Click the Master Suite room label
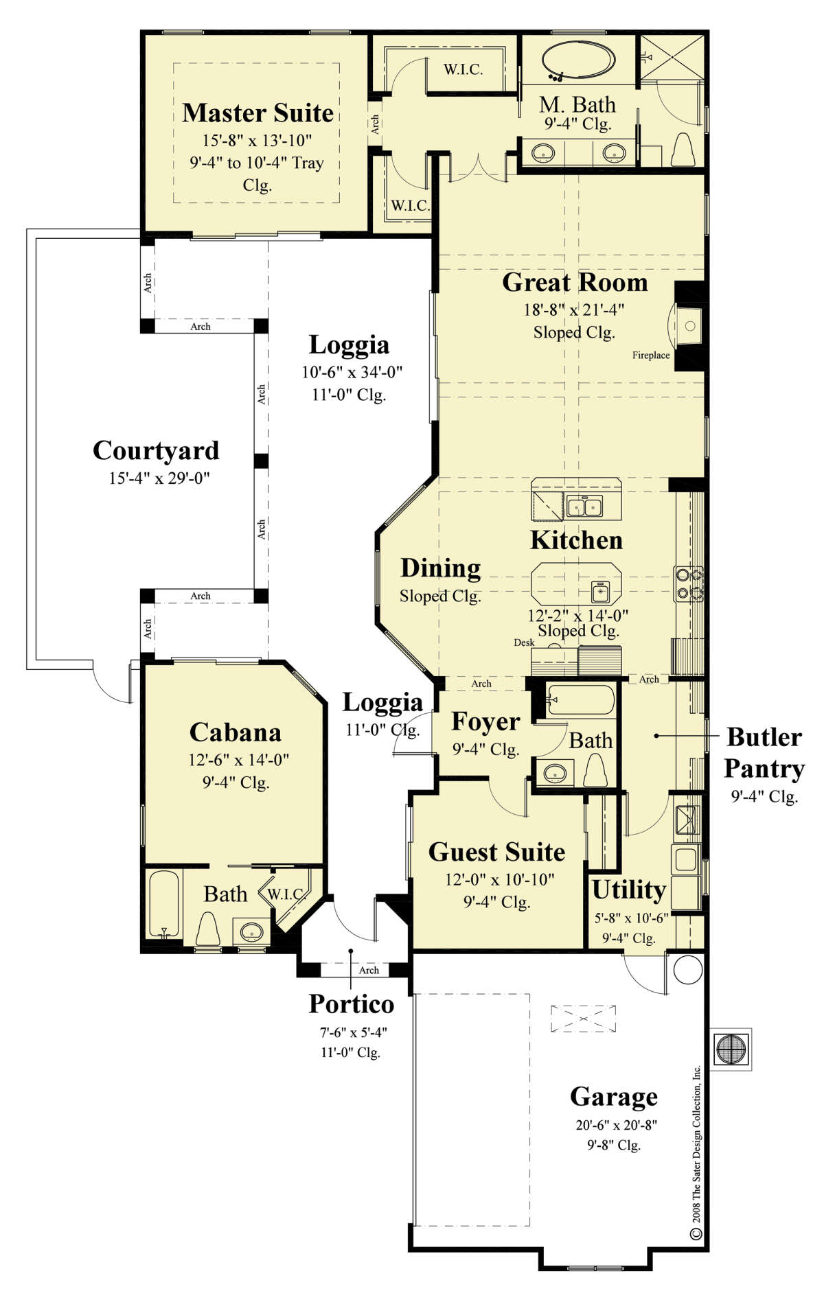[x=257, y=113]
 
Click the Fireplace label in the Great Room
[x=650, y=355]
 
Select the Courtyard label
[x=156, y=451]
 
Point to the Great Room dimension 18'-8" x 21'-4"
[x=573, y=310]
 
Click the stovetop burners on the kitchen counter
[x=689, y=583]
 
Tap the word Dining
[x=440, y=568]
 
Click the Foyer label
[x=485, y=722]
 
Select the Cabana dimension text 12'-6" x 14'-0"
[x=238, y=760]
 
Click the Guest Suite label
[x=496, y=852]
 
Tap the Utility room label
[x=628, y=890]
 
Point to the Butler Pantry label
[x=764, y=753]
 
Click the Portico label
[x=351, y=1004]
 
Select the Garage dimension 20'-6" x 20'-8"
[x=613, y=1126]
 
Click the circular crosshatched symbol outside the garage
[x=731, y=1049]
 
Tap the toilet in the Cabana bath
[x=207, y=929]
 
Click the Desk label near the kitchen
[x=523, y=643]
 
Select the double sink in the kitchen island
[x=584, y=507]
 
